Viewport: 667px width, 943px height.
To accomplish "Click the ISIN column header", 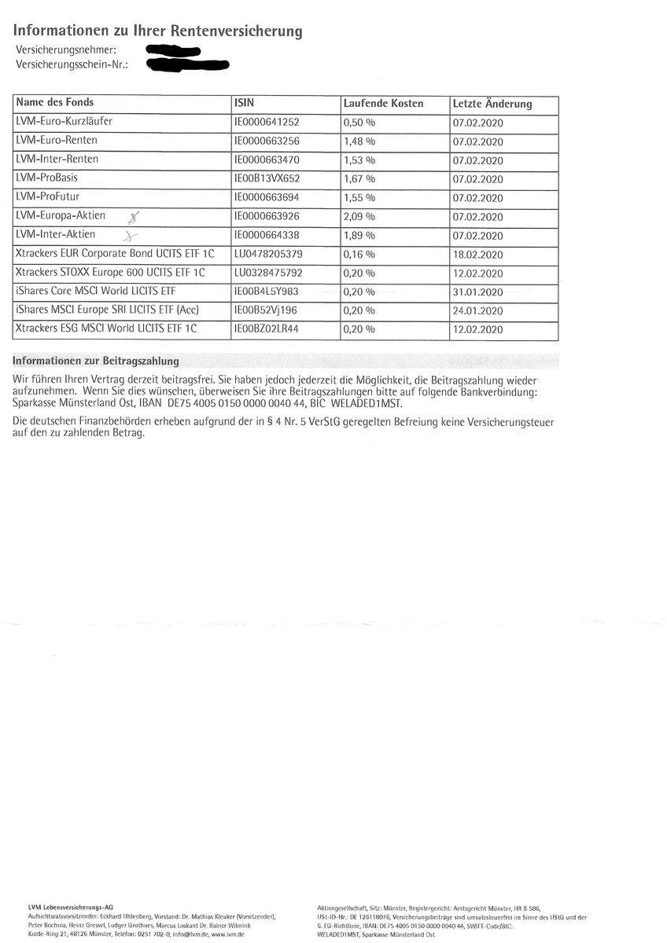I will [245, 103].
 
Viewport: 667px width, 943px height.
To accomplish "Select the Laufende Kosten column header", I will [382, 103].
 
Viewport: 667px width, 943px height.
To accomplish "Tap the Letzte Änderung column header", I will [492, 104].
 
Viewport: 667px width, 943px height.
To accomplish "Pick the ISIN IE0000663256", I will [267, 141].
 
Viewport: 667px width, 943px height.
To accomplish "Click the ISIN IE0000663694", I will [267, 196].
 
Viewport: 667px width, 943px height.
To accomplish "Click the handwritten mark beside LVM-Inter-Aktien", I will [131, 234].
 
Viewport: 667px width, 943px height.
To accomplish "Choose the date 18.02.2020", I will [477, 254].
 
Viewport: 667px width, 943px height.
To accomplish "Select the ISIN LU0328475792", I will [267, 273].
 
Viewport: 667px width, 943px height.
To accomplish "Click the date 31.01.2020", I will [477, 292].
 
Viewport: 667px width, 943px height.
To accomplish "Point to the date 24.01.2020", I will [477, 310].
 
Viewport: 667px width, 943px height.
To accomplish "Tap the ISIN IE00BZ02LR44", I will [267, 329].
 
